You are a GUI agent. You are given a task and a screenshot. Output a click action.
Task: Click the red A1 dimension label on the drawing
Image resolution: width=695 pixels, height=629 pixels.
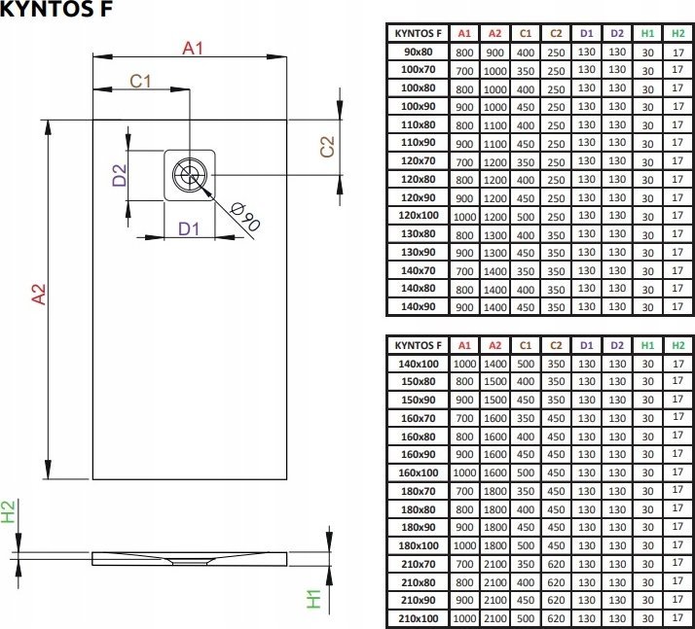(193, 47)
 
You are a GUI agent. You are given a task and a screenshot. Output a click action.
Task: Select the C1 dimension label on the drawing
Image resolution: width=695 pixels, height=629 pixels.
(140, 82)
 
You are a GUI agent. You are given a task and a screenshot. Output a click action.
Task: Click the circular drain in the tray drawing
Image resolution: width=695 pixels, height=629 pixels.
(188, 175)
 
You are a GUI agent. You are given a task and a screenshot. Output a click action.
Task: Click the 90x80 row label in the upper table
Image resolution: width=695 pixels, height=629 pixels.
(418, 52)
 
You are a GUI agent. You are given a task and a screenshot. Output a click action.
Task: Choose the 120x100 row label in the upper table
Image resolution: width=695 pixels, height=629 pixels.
(419, 215)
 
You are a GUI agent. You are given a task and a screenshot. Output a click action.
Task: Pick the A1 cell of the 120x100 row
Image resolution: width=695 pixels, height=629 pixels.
(464, 215)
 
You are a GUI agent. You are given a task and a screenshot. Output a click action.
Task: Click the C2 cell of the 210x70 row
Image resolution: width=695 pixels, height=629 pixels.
(556, 564)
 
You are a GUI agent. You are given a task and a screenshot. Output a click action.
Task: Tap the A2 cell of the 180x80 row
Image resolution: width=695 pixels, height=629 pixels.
(494, 508)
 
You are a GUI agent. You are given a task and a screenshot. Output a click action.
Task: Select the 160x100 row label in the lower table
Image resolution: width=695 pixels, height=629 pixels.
(419, 472)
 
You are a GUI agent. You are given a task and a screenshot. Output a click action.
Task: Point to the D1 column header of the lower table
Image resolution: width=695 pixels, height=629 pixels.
(586, 345)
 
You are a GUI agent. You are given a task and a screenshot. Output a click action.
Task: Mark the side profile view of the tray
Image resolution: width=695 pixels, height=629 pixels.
(191, 558)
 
